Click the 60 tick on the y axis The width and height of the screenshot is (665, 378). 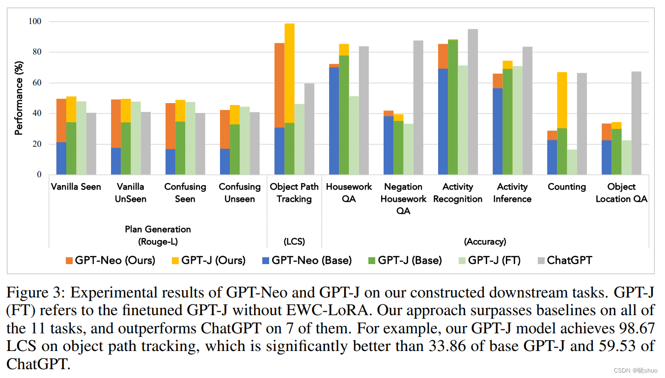(x=37, y=83)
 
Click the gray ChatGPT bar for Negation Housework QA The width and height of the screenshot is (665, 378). (x=418, y=108)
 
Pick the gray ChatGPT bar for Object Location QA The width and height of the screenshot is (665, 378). (x=637, y=123)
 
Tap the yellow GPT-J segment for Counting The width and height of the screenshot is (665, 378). (x=562, y=100)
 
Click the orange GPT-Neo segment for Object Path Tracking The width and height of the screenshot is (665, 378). (x=279, y=85)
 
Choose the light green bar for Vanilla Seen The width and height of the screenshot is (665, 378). (x=82, y=138)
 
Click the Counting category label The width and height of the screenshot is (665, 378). (x=567, y=187)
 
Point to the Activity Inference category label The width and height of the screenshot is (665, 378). (x=512, y=193)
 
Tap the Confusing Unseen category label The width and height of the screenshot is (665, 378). (x=240, y=193)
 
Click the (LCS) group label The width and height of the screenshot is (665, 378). (x=294, y=242)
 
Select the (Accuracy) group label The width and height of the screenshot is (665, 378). (x=485, y=242)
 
